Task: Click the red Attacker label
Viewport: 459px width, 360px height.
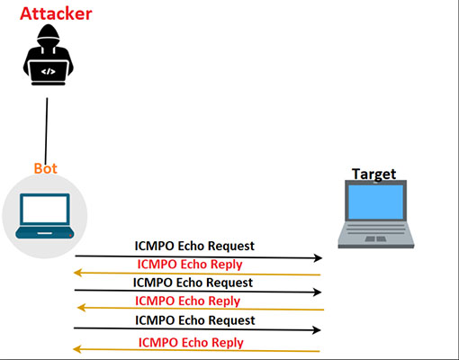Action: pyautogui.click(x=55, y=14)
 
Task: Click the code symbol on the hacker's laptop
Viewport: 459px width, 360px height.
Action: pyautogui.click(x=47, y=69)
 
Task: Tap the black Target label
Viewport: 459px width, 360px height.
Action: pyautogui.click(x=373, y=173)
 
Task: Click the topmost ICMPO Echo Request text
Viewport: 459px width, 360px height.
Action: pyautogui.click(x=194, y=246)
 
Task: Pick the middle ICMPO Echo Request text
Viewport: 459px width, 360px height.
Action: pyautogui.click(x=193, y=283)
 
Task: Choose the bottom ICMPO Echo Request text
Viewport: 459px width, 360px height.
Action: pyautogui.click(x=195, y=319)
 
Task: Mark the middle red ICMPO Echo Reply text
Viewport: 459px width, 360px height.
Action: pyautogui.click(x=188, y=301)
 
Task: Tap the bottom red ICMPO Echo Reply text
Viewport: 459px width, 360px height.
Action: pyautogui.click(x=191, y=342)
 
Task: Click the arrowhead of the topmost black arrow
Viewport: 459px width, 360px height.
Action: pyautogui.click(x=318, y=258)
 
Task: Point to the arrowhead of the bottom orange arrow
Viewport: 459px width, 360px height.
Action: pyautogui.click(x=77, y=350)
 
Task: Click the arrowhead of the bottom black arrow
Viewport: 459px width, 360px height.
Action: pyautogui.click(x=318, y=329)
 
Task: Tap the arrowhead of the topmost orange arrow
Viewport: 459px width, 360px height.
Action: pyautogui.click(x=79, y=272)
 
